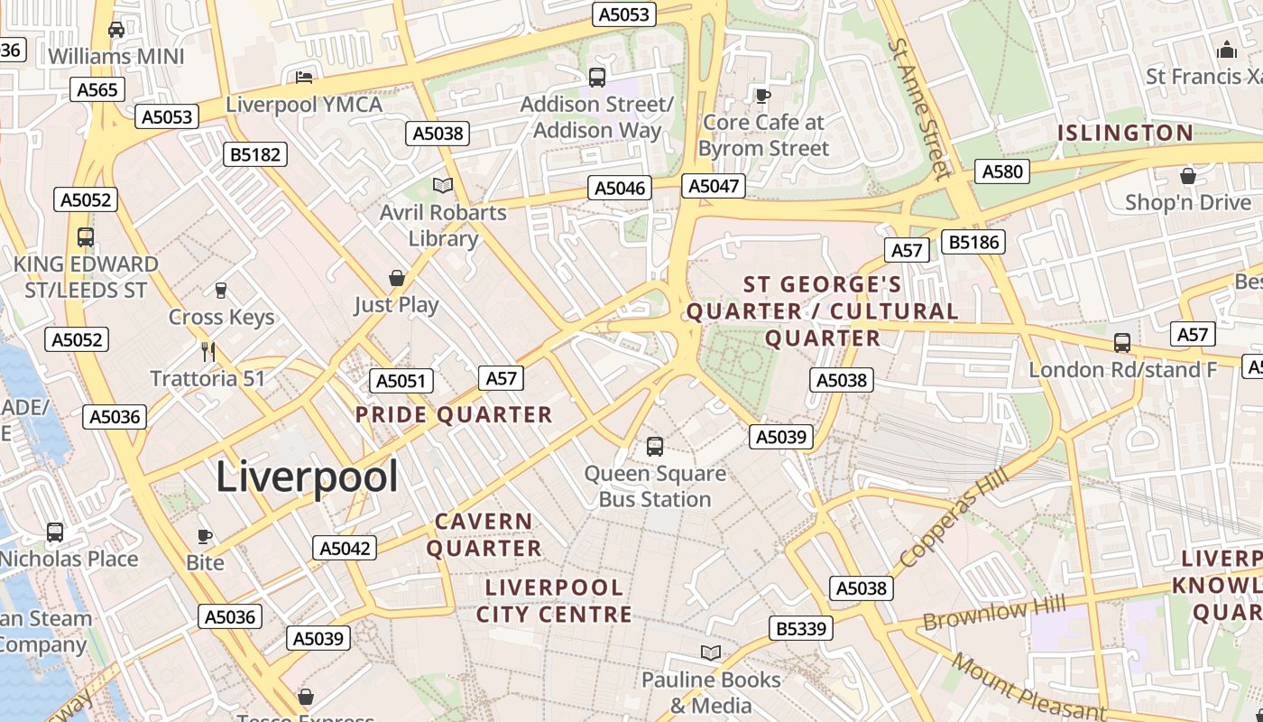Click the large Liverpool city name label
[x=307, y=477]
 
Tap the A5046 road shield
[x=620, y=188]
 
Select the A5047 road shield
[x=714, y=186]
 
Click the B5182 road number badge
[x=255, y=154]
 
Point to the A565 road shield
[x=97, y=89]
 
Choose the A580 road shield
[x=1002, y=171]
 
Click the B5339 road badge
[x=801, y=628]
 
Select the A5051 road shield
[x=401, y=381]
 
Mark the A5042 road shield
[x=345, y=548]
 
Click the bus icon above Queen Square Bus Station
[x=655, y=446]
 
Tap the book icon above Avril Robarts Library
[x=442, y=186]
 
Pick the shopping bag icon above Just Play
[x=396, y=278]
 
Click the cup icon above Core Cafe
[x=763, y=96]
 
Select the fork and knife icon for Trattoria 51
[x=208, y=351]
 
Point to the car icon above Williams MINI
[x=116, y=30]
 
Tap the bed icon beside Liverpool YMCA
[x=305, y=78]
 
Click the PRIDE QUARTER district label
[x=454, y=415]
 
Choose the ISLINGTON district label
[x=1125, y=134]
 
